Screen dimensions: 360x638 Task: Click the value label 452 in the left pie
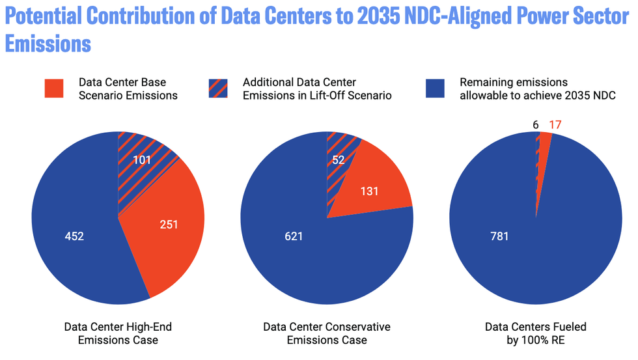74,236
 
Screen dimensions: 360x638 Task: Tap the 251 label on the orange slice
169,225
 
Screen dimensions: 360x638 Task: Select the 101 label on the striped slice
142,159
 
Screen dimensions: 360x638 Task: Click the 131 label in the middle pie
369,191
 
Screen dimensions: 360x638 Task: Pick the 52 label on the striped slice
339,159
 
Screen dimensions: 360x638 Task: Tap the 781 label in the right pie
499,236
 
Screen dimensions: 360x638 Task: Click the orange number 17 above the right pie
555,124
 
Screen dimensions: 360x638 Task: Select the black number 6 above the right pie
535,124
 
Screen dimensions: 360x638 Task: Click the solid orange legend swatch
54,89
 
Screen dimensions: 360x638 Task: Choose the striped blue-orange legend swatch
217,89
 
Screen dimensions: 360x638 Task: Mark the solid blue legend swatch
436,89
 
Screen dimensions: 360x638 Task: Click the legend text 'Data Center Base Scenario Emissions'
122,89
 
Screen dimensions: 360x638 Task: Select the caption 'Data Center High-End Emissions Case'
118,333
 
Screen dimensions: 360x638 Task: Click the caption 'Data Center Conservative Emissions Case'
326,333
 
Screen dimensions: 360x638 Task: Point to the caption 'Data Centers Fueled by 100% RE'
536,333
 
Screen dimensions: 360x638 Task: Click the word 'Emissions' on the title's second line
48,45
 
